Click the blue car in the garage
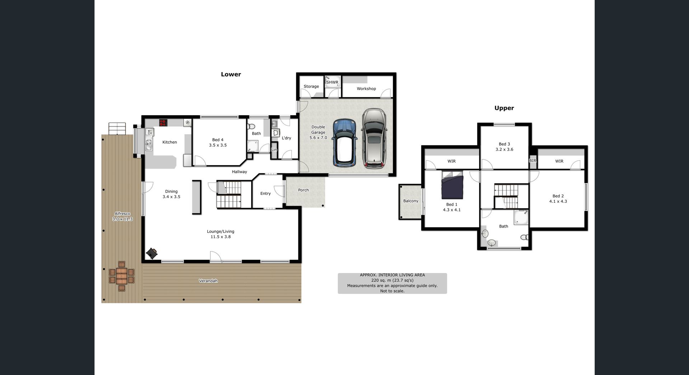[344, 142]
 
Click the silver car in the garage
[374, 139]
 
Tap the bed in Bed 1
[452, 185]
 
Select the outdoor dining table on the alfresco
[122, 276]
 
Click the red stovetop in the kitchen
[163, 123]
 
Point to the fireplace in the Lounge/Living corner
[152, 253]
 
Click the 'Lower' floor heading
[231, 74]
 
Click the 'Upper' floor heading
[504, 108]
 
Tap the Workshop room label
[366, 89]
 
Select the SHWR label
[332, 82]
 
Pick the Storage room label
[311, 86]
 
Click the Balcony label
[411, 201]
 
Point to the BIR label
[533, 161]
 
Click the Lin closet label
[274, 150]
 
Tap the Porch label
[303, 190]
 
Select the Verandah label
[208, 281]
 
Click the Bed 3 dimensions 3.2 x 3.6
[504, 150]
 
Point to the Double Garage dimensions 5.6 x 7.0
[318, 138]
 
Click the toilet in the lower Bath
[251, 126]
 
